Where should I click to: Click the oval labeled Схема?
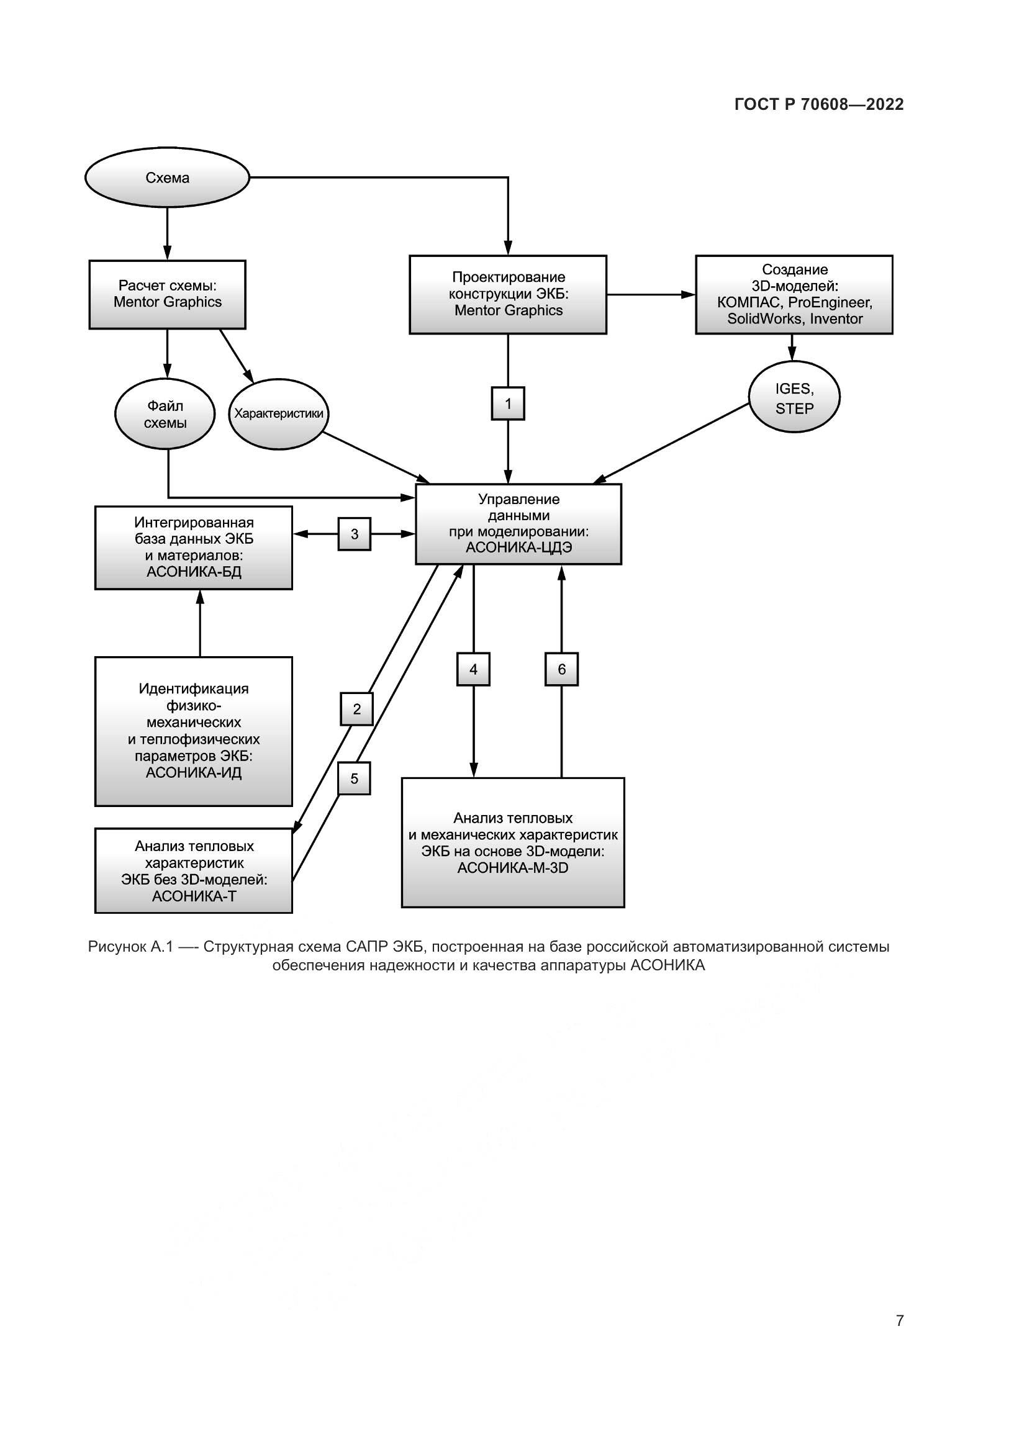(167, 178)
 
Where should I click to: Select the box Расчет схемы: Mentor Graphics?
(167, 294)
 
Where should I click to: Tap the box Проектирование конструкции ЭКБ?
(508, 294)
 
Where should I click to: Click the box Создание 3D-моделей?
(794, 294)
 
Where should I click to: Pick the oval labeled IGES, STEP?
(794, 397)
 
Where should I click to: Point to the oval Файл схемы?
(165, 414)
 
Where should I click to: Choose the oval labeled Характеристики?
(278, 414)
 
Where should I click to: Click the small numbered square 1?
(508, 404)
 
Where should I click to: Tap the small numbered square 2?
(356, 709)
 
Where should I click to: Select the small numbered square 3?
(354, 534)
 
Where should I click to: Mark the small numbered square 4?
(473, 669)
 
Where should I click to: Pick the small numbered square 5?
(354, 778)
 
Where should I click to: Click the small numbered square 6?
(561, 669)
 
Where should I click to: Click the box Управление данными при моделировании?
(518, 524)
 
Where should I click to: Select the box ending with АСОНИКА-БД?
(194, 548)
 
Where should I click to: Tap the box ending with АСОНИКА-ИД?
(194, 731)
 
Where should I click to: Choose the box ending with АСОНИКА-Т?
(194, 871)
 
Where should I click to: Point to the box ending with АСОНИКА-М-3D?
(513, 843)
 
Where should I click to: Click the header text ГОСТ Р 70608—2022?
(819, 104)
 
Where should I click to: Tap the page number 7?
(899, 1320)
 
